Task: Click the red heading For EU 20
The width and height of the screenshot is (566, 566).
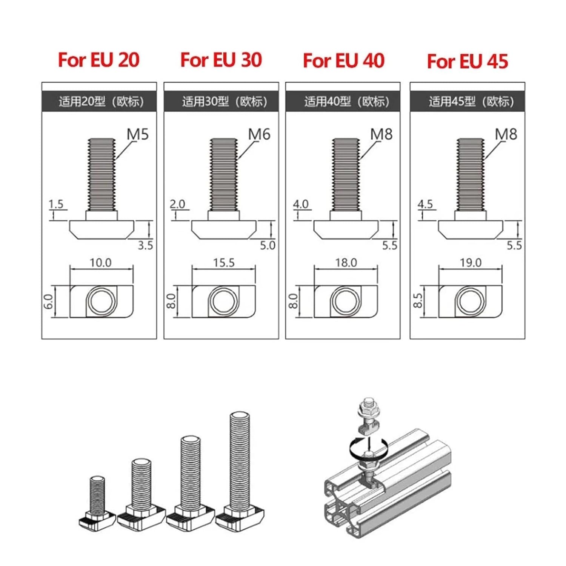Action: pos(98,60)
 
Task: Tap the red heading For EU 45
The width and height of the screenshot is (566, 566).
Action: pos(468,61)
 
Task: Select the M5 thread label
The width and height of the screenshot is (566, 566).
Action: pos(138,134)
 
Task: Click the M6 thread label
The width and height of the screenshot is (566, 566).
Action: pos(259,134)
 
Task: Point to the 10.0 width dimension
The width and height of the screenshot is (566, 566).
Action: pos(100,263)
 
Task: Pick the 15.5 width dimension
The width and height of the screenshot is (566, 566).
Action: pos(224,263)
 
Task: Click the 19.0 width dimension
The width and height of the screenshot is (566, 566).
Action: pos(471,263)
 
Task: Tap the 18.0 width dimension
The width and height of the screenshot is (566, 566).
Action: pos(346,263)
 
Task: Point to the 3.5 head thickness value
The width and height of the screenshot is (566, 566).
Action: pos(145,246)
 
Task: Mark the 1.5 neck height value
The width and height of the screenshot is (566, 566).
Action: pos(56,204)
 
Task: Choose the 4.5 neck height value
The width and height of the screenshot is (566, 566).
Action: pos(425,204)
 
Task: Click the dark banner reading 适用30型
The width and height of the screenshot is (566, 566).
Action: pos(221,102)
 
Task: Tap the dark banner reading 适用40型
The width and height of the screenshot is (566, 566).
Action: pos(343,102)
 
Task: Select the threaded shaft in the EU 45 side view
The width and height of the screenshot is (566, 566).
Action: pos(470,174)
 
